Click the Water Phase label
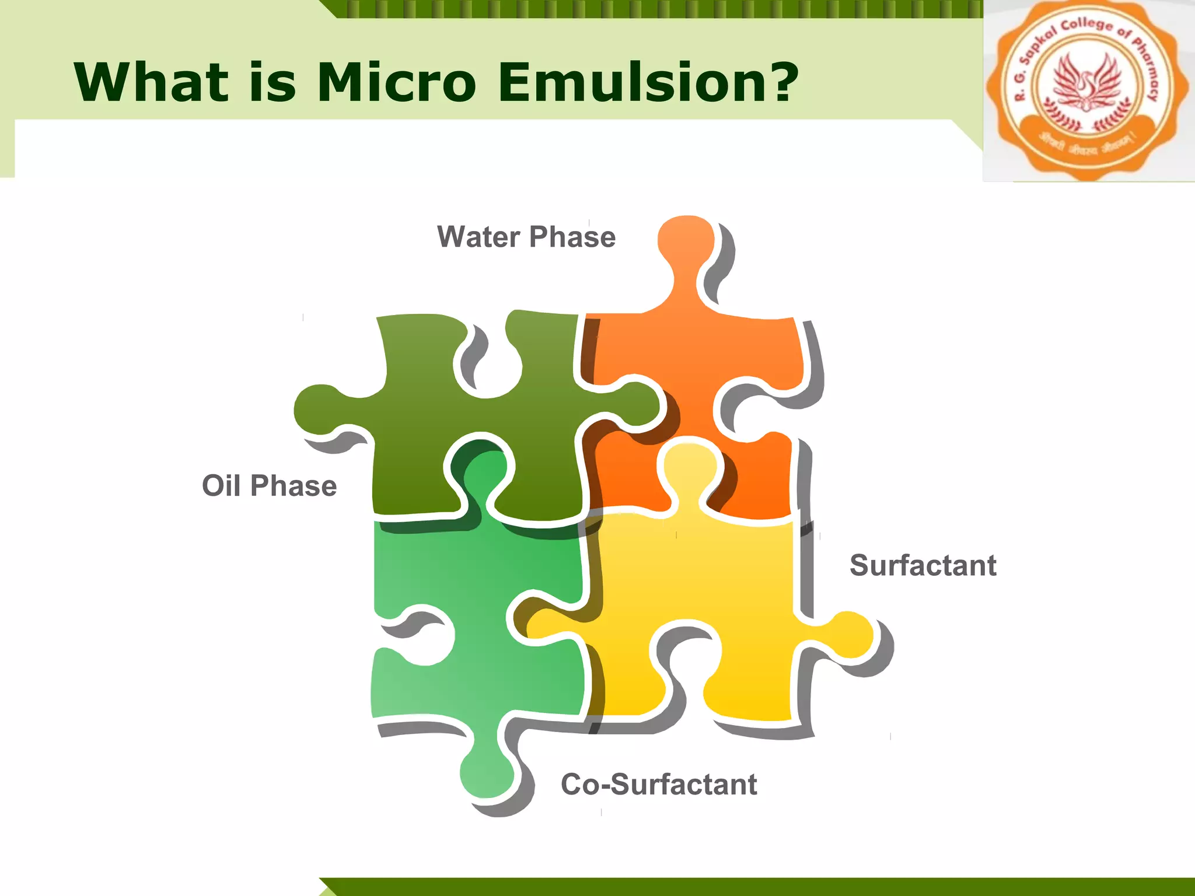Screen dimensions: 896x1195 [526, 237]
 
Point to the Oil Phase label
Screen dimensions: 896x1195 [269, 486]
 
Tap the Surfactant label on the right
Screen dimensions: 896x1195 [923, 565]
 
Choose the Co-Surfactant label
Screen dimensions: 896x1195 [658, 785]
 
